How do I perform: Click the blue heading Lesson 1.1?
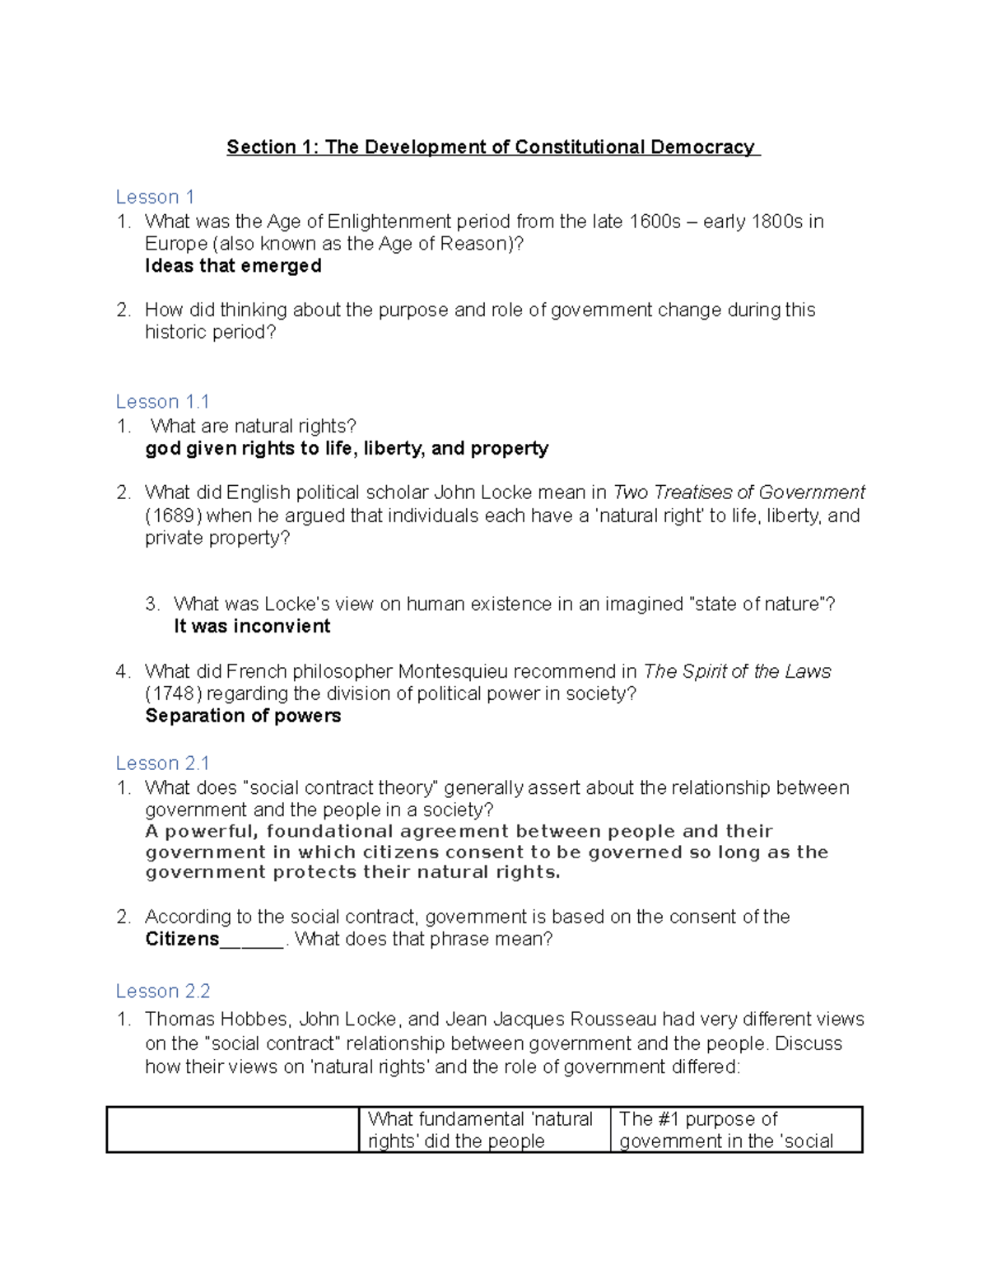pyautogui.click(x=162, y=402)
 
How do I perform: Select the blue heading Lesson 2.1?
pyautogui.click(x=162, y=763)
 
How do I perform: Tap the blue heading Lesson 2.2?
pyautogui.click(x=163, y=991)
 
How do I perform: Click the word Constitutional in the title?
pyautogui.click(x=580, y=147)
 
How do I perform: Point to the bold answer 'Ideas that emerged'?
pyautogui.click(x=233, y=266)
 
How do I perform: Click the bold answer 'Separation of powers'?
pyautogui.click(x=243, y=716)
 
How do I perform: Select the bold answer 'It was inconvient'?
pyautogui.click(x=252, y=626)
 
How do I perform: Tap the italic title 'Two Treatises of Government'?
pyautogui.click(x=739, y=492)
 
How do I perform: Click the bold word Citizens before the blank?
pyautogui.click(x=182, y=939)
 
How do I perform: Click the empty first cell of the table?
pyautogui.click(x=233, y=1129)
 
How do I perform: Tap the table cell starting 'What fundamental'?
pyautogui.click(x=484, y=1129)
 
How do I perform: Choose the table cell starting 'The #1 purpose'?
pyautogui.click(x=735, y=1129)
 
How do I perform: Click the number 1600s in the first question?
pyautogui.click(x=655, y=222)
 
